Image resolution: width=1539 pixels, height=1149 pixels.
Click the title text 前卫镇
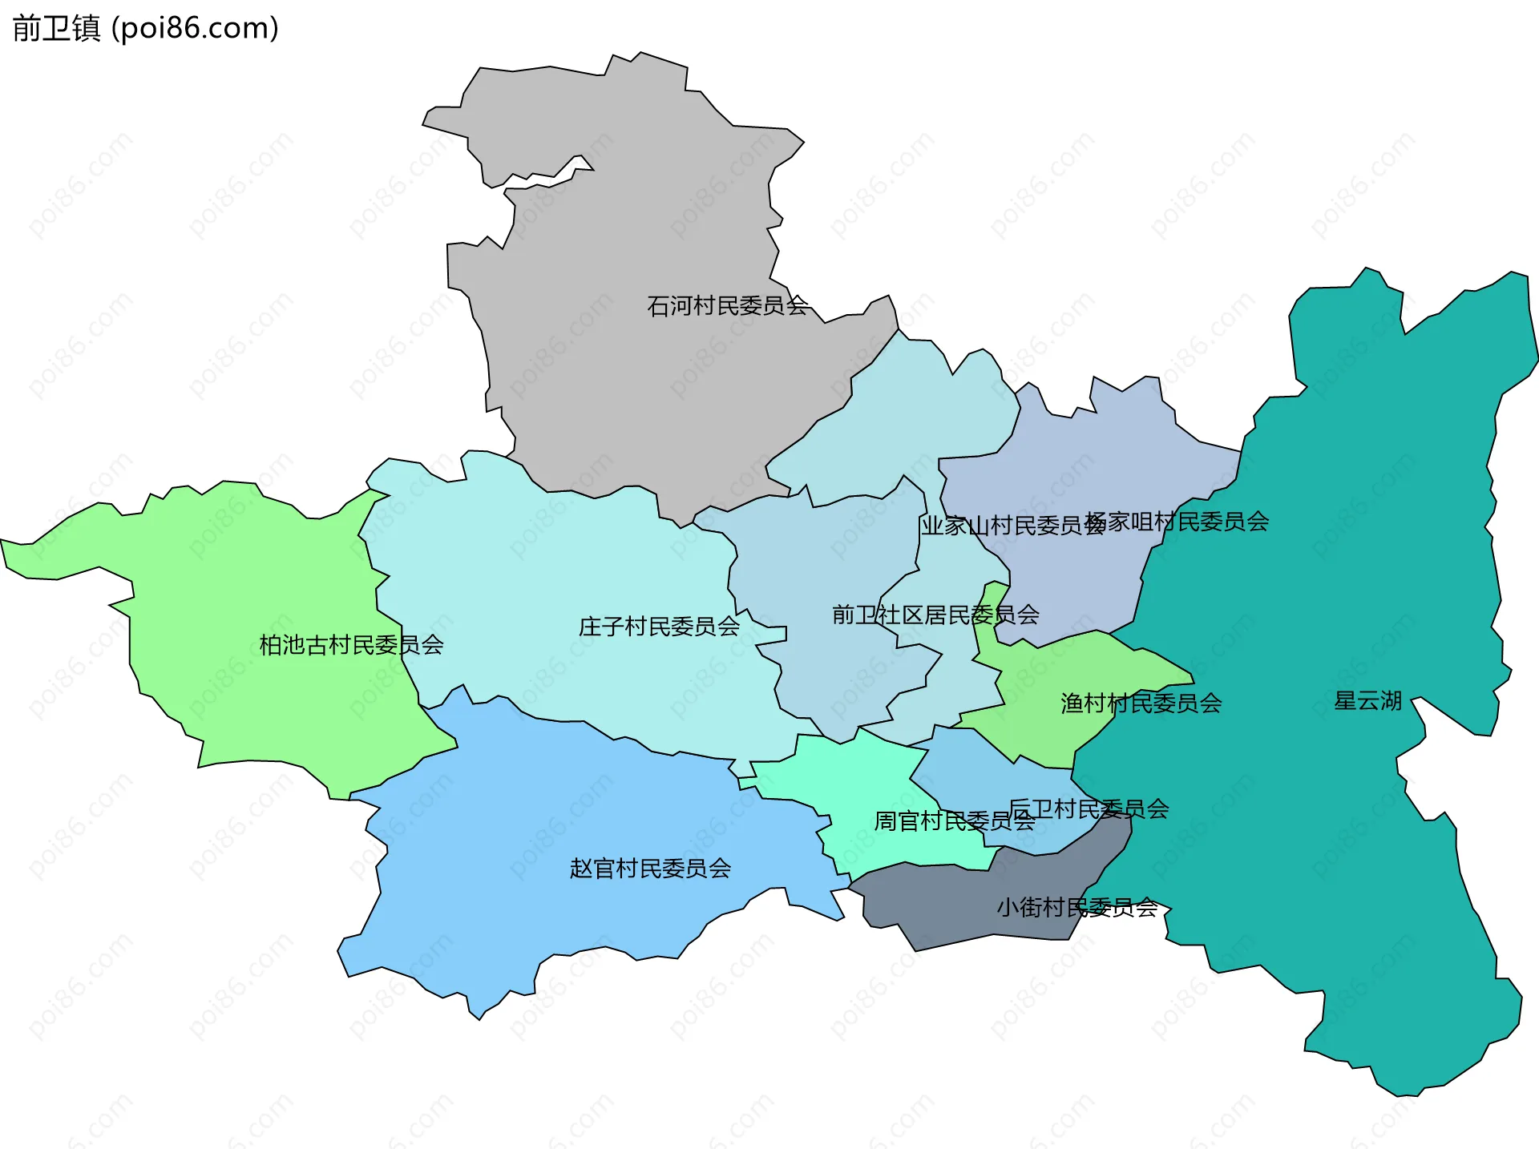tap(56, 29)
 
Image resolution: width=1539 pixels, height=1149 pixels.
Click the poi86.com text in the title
tap(196, 29)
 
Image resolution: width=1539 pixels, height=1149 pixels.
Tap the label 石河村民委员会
tap(727, 306)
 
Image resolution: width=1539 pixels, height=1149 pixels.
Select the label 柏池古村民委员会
tap(351, 645)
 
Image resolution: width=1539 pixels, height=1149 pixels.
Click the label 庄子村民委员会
tap(659, 627)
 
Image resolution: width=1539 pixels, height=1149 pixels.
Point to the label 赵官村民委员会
tap(650, 869)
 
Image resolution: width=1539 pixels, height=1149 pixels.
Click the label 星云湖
tap(1367, 701)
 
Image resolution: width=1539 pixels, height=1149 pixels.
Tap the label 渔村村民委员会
tap(1141, 704)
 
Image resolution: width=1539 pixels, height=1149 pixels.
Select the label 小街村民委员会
tap(1076, 908)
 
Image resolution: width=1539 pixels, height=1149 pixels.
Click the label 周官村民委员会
tap(954, 821)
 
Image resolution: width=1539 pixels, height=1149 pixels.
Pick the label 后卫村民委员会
tap(1089, 808)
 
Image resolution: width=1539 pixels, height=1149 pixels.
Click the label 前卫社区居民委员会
tap(935, 615)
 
